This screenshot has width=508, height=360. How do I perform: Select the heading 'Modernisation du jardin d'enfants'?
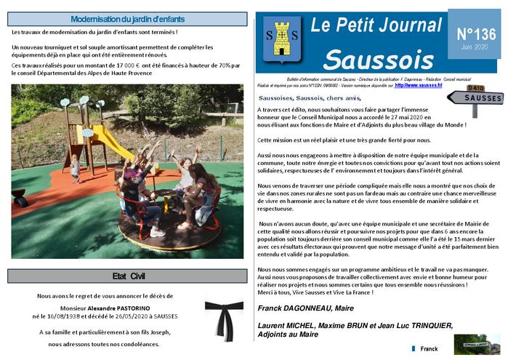pos(127,19)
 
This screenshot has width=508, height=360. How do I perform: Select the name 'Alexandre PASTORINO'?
pos(132,307)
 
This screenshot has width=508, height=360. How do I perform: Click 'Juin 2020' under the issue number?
pos(475,48)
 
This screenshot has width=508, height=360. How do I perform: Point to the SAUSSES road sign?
pos(473,97)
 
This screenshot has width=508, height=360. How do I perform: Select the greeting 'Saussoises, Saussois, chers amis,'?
pos(309,97)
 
